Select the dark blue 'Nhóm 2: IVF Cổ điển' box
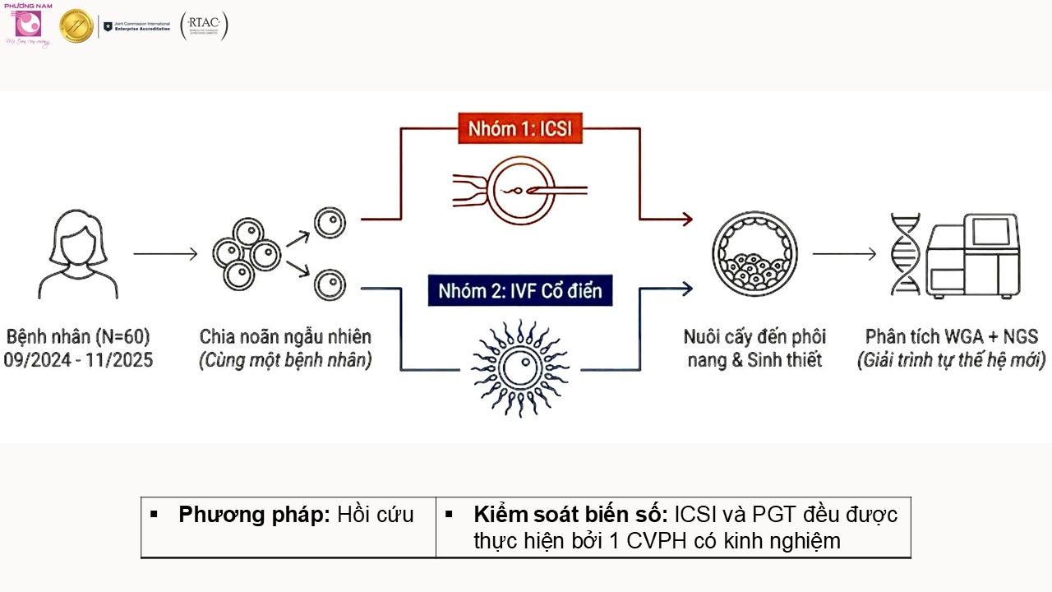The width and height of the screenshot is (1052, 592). [x=519, y=291]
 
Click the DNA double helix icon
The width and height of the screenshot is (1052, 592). [x=905, y=254]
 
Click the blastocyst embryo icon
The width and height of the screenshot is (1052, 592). [x=754, y=254]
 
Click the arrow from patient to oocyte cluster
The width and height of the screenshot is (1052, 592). [x=165, y=254]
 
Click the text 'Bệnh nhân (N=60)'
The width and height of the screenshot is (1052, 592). [x=78, y=337]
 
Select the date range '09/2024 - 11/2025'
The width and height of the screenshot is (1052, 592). [x=78, y=360]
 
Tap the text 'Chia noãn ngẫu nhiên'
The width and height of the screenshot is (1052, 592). [x=285, y=337]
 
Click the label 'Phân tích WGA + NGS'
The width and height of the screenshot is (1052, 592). [x=952, y=337]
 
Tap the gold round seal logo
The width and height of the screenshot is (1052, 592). [x=76, y=26]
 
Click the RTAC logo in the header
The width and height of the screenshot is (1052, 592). [x=204, y=26]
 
